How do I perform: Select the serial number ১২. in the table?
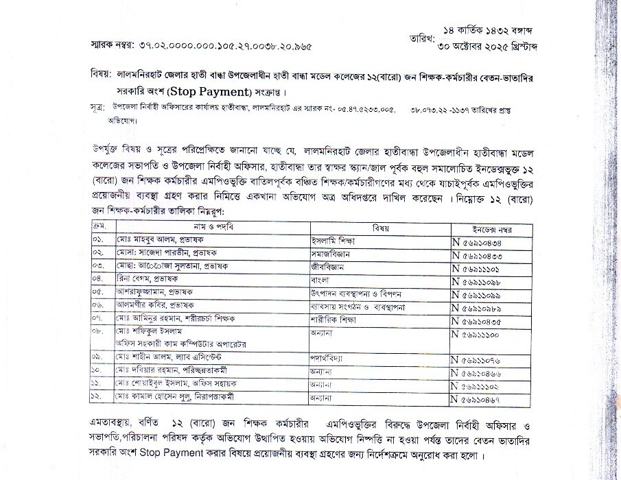[99, 396]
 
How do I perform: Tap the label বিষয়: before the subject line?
[102, 73]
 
